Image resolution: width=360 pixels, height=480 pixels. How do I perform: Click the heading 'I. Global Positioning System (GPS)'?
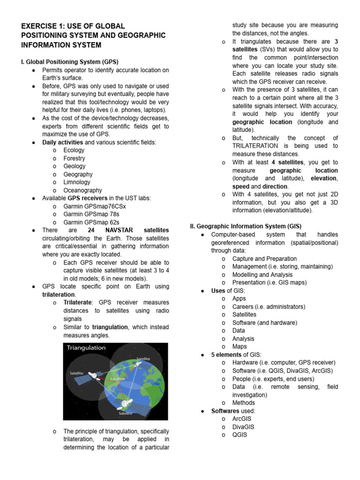(70, 61)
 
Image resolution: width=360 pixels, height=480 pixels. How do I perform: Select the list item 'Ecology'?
(74, 150)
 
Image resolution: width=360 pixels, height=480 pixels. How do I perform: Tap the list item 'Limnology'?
(77, 182)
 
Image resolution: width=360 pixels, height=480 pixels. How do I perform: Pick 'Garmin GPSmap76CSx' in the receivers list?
(95, 206)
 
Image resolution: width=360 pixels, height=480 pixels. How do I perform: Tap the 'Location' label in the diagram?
(118, 378)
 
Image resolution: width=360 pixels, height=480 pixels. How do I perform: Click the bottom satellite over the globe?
(126, 404)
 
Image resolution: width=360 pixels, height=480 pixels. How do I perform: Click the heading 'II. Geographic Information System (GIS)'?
(246, 225)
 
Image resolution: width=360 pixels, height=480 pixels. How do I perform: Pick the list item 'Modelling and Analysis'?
(262, 275)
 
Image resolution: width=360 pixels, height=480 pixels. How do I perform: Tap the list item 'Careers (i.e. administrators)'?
(269, 307)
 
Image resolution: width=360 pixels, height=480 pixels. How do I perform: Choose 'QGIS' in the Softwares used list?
(240, 435)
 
